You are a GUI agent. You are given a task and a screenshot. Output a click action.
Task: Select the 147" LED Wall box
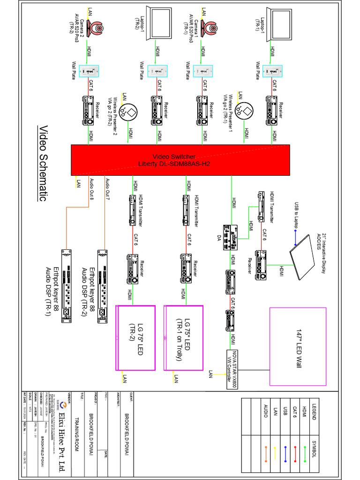[298, 346]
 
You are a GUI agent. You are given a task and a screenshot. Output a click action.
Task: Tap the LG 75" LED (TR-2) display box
[135, 337]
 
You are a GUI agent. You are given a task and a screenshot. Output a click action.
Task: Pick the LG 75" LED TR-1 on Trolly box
[183, 337]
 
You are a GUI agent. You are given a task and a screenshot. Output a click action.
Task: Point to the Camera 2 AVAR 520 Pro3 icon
[98, 29]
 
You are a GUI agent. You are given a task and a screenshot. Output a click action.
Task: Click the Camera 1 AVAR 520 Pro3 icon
[210, 29]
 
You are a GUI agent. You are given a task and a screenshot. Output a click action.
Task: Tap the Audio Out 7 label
[108, 190]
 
